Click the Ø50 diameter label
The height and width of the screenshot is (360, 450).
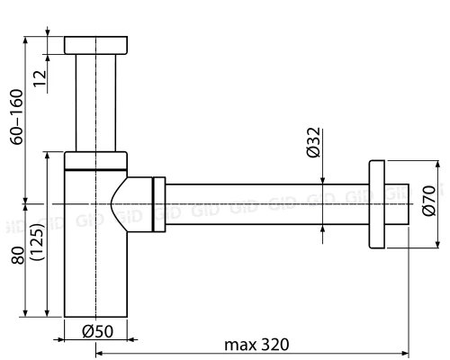(96, 330)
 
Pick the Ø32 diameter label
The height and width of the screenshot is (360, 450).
(312, 143)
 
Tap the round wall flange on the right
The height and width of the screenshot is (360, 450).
(377, 204)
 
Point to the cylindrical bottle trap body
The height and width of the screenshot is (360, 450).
(90, 270)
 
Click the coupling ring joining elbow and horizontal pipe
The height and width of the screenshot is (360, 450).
(160, 204)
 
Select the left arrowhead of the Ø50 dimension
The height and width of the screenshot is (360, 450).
(68, 339)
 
